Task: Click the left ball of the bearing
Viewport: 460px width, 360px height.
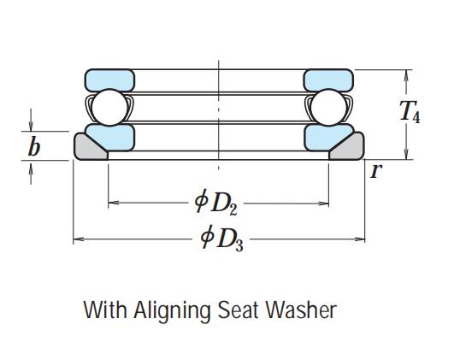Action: (109, 108)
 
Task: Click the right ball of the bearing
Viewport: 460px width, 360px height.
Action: (328, 108)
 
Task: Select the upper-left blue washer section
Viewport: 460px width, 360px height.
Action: (109, 80)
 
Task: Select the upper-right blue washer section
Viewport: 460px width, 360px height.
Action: (328, 80)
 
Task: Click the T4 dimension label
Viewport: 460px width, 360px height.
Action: (410, 111)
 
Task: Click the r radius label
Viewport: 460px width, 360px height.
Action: (376, 171)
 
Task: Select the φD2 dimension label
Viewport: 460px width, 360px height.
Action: (216, 203)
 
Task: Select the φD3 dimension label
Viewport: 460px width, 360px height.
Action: (221, 239)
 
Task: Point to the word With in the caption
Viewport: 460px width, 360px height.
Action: (105, 310)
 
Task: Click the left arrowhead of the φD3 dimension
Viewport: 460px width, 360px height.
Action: (78, 239)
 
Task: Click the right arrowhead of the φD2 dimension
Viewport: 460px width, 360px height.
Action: (323, 203)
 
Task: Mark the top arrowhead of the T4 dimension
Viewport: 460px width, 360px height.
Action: (406, 75)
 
